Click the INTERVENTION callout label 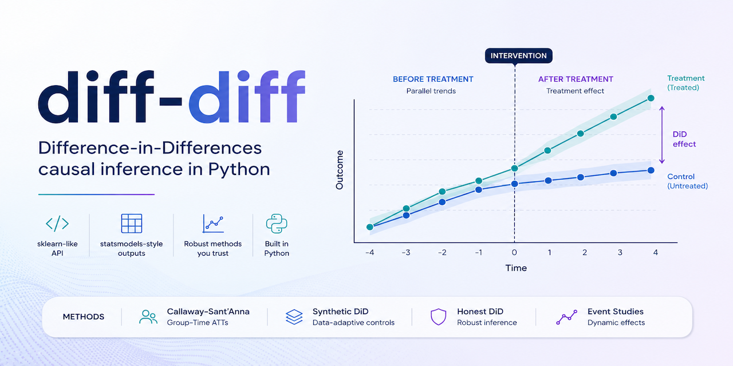tap(519, 55)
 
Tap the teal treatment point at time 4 tap(651, 98)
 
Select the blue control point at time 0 tap(514, 184)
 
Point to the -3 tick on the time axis tap(406, 253)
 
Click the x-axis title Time tap(515, 268)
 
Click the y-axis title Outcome tap(340, 170)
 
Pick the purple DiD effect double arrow tap(662, 136)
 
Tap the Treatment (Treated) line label tap(686, 83)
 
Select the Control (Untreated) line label tap(687, 181)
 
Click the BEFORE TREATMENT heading tap(432, 79)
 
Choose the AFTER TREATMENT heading tap(575, 79)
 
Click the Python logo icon tap(277, 224)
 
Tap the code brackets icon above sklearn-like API tap(57, 224)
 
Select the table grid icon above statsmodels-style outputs tap(132, 224)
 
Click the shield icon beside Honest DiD tap(438, 317)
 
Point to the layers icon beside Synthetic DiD tap(294, 317)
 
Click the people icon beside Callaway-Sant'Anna tap(148, 317)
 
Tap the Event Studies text tap(615, 312)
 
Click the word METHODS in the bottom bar tap(84, 317)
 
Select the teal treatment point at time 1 tap(547, 150)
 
